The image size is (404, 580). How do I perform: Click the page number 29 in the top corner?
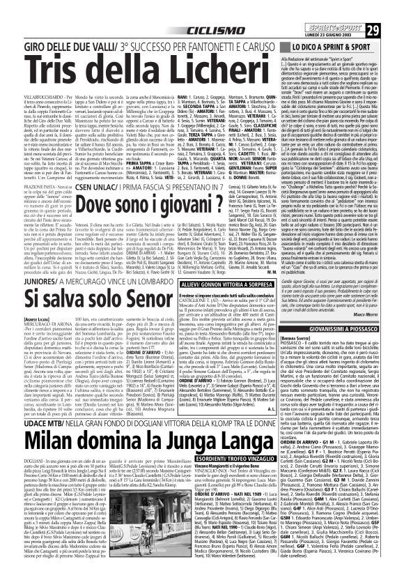point(392,11)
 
